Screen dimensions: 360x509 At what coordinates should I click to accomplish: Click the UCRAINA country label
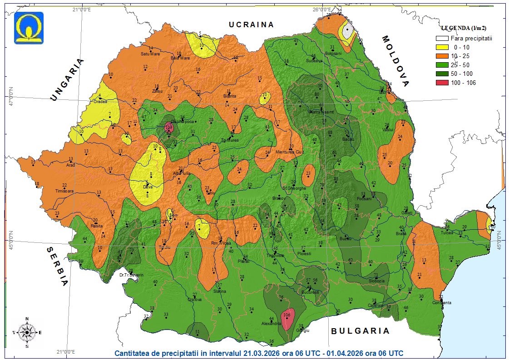(x=252, y=25)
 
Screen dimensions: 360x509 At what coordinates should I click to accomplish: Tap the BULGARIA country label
(x=360, y=331)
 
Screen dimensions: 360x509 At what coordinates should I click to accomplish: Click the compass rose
(x=27, y=332)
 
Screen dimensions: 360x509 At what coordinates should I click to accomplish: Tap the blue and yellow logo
(x=29, y=28)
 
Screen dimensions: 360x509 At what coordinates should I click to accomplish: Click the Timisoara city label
(x=64, y=191)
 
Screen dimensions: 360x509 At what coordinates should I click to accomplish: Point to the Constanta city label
(x=442, y=303)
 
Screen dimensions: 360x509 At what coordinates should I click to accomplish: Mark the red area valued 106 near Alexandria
(x=287, y=318)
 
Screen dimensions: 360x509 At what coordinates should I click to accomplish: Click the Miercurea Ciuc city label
(x=289, y=152)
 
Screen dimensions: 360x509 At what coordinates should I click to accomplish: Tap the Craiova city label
(x=195, y=300)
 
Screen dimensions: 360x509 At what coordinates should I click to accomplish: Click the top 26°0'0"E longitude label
(x=321, y=9)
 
